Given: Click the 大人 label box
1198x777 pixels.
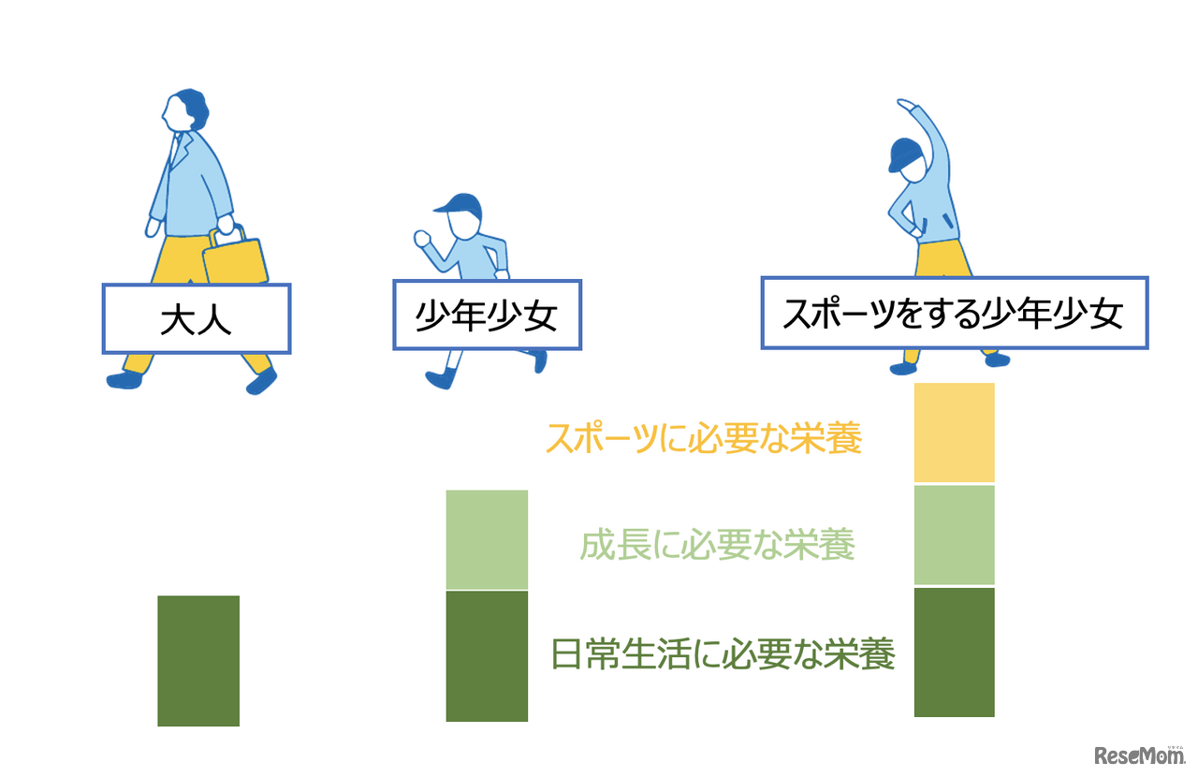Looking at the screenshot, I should [196, 318].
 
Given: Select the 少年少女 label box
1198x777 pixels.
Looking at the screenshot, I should [487, 316].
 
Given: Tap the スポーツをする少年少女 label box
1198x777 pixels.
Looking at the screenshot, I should [954, 313].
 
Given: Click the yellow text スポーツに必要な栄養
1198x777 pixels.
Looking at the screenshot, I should [703, 438].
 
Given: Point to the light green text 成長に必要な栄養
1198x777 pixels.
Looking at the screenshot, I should [717, 544].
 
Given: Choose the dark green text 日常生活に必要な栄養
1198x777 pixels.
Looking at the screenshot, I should [723, 653].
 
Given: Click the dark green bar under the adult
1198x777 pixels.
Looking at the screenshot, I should [198, 660].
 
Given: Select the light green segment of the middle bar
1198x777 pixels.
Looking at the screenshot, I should [487, 539].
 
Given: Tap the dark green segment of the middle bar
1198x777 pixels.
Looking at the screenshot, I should [487, 655].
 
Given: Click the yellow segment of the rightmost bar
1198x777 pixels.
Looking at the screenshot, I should [954, 432].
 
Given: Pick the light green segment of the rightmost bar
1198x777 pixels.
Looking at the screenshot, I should [954, 535].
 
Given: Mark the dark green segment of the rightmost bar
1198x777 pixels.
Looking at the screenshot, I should [954, 652].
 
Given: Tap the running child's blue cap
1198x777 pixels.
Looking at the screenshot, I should [460, 204].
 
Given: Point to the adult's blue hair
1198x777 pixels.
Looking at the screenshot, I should [195, 108].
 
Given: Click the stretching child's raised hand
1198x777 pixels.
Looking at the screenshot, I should [903, 104].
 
